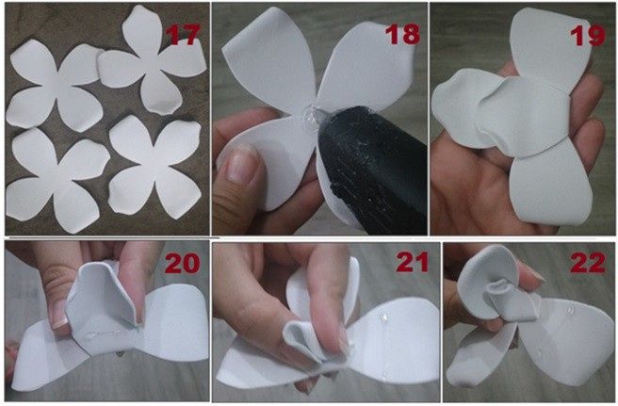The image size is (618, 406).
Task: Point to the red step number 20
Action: (184, 263)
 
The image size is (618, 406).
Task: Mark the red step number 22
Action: (589, 263)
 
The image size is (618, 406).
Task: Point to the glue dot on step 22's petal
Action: (564, 333)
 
